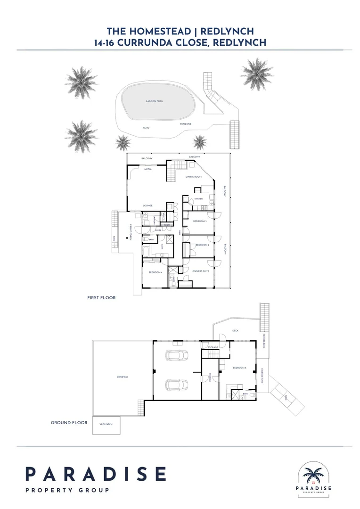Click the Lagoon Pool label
coord(154,101)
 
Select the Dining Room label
coord(193,176)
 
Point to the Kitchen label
coord(198,199)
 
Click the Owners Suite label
coord(201,271)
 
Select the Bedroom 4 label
coord(155,272)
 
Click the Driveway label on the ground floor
coord(123,377)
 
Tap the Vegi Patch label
coord(106,425)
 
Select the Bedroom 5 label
coord(239,368)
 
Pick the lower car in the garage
coord(174,385)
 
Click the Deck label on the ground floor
coord(236,331)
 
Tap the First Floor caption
coord(101,298)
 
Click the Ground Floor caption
coord(69,423)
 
